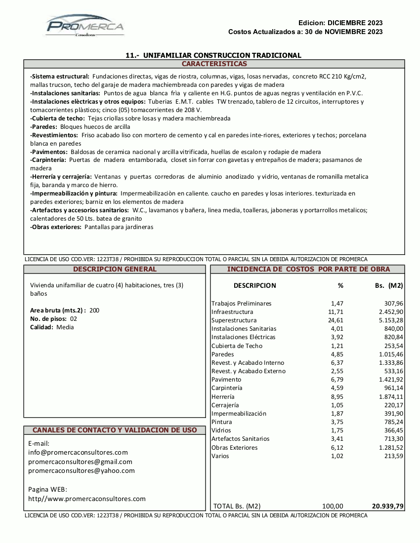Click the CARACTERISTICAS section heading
pyautogui.click(x=214, y=64)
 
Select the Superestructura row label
pyautogui.click(x=234, y=320)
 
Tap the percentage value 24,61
pyautogui.click(x=336, y=320)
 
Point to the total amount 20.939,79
pyautogui.click(x=387, y=506)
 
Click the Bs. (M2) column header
pyautogui.click(x=389, y=285)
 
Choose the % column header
pyautogui.click(x=340, y=285)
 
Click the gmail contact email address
pyautogui.click(x=80, y=462)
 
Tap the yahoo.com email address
pyautogui.click(x=82, y=470)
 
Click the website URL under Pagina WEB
pyautogui.click(x=87, y=499)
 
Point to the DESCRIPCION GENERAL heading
pyautogui.click(x=115, y=269)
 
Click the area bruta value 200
pyautogui.click(x=94, y=310)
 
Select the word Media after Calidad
pyautogui.click(x=65, y=327)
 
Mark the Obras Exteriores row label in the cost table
pyautogui.click(x=234, y=447)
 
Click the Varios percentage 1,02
pyautogui.click(x=336, y=456)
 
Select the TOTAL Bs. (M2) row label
pyautogui.click(x=237, y=506)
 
